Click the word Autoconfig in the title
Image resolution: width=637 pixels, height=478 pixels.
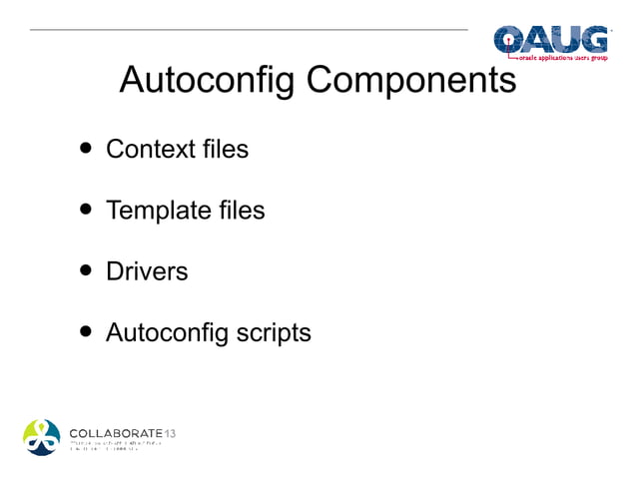pos(207,80)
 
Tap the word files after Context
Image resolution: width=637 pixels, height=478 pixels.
pos(225,149)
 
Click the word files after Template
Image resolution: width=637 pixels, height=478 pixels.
pos(241,210)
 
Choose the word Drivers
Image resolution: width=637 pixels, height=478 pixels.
pos(147,270)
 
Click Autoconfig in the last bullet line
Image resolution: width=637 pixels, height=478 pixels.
pos(166,331)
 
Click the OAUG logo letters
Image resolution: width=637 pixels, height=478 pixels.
pos(551,40)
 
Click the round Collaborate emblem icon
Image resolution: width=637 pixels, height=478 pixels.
pos(43,436)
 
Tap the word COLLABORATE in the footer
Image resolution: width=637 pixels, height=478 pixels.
pos(115,432)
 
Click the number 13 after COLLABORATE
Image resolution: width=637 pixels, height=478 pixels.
pos(169,432)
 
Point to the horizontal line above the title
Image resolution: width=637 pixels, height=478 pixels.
pos(250,30)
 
